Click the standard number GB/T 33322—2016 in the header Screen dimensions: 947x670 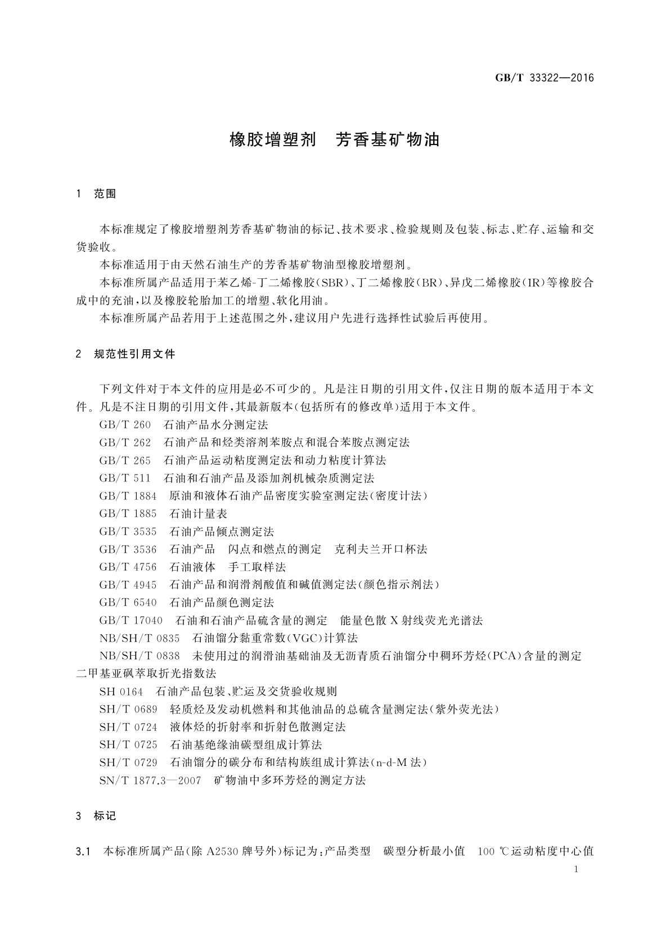click(544, 78)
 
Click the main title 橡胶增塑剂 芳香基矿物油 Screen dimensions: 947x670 click(334, 139)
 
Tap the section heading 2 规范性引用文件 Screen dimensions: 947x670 click(125, 354)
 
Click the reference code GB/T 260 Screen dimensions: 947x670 click(125, 425)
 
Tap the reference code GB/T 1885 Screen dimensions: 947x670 click(128, 514)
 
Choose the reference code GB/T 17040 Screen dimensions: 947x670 click(131, 621)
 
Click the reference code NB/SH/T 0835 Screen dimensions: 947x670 click(140, 638)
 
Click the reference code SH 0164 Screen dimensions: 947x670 click(121, 692)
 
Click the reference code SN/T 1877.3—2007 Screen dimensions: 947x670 click(150, 781)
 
